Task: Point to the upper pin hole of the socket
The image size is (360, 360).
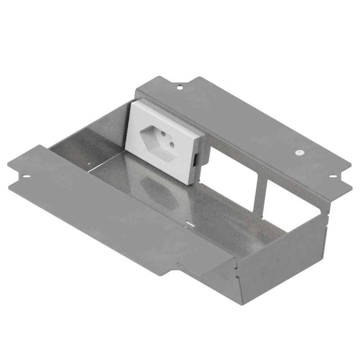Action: [x=151, y=131]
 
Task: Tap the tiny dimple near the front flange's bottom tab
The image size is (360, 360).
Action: [x=179, y=263]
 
